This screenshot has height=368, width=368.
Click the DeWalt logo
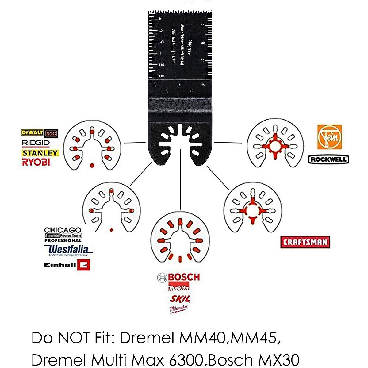point(32,132)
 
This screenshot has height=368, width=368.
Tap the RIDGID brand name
point(36,143)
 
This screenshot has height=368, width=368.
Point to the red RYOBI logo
point(36,162)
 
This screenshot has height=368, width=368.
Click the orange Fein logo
point(329,137)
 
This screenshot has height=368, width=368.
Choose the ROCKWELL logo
point(328,159)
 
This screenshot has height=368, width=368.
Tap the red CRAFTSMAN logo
point(305,242)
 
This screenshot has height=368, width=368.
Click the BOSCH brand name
point(183,277)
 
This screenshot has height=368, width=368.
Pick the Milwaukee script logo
point(178,309)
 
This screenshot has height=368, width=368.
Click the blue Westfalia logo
point(69,250)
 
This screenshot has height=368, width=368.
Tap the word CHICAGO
point(63,230)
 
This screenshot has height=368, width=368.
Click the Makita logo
point(179,288)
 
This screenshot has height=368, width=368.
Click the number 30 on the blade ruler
point(202,60)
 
